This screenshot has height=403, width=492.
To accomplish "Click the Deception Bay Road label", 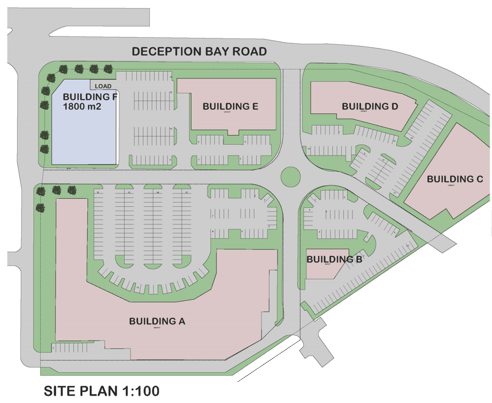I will click(199, 52).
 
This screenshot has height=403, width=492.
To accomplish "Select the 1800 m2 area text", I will click(82, 107).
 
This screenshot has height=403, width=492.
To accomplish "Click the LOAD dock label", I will click(103, 86).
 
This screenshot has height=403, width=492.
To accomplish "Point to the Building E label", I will click(230, 106).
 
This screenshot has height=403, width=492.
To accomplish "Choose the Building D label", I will click(370, 106).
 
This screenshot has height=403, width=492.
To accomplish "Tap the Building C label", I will click(455, 179).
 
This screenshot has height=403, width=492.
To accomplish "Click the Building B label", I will click(335, 259).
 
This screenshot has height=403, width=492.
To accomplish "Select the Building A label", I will click(157, 321).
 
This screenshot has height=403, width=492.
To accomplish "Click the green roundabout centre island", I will click(289, 175).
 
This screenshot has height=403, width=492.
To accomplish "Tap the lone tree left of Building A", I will click(39, 208).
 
